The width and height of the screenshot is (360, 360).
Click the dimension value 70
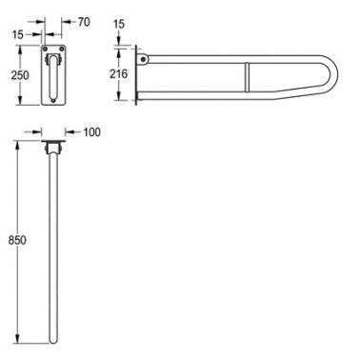click(84, 22)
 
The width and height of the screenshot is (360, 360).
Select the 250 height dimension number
click(20, 75)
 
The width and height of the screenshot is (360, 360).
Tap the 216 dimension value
click(118, 73)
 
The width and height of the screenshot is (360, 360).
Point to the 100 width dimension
click(91, 131)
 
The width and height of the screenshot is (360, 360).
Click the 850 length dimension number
click(17, 240)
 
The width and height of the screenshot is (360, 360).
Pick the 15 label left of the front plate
click(18, 34)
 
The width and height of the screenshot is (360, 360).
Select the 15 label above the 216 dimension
click(119, 24)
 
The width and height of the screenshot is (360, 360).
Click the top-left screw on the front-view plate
click(45, 49)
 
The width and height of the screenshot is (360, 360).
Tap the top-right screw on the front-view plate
click(62, 49)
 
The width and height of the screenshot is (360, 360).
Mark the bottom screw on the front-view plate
click(53, 101)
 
